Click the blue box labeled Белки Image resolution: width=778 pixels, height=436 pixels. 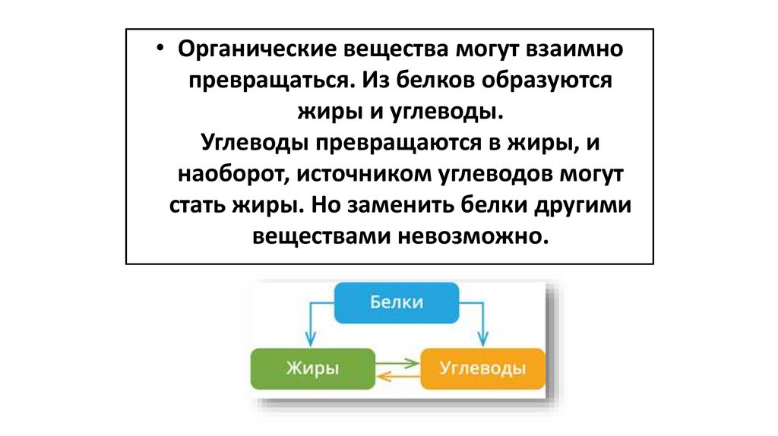click(x=397, y=303)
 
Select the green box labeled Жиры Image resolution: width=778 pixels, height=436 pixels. click(x=312, y=369)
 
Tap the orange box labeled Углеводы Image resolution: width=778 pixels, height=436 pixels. click(x=482, y=369)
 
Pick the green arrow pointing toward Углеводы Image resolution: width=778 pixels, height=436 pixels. click(x=398, y=363)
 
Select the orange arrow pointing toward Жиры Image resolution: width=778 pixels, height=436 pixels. click(x=398, y=374)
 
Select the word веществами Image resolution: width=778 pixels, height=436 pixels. click(x=318, y=236)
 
